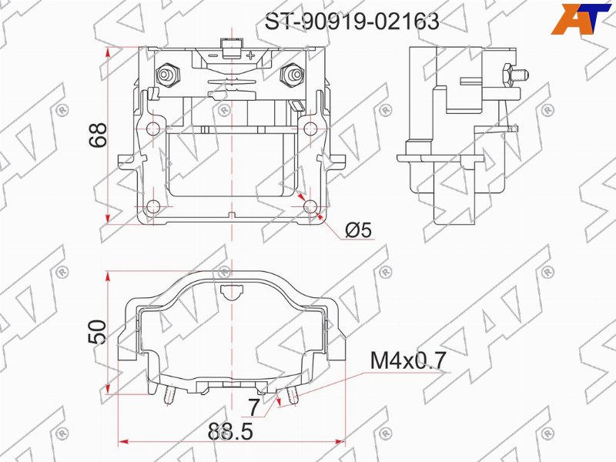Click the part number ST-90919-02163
tap(352, 22)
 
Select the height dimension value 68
tap(98, 135)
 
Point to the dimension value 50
tap(98, 333)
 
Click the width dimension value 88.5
tap(229, 432)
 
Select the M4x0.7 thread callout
tap(408, 360)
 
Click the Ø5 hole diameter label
tap(359, 229)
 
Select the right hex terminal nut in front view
tap(292, 75)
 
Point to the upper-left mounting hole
tap(153, 128)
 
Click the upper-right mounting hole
tap(310, 128)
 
